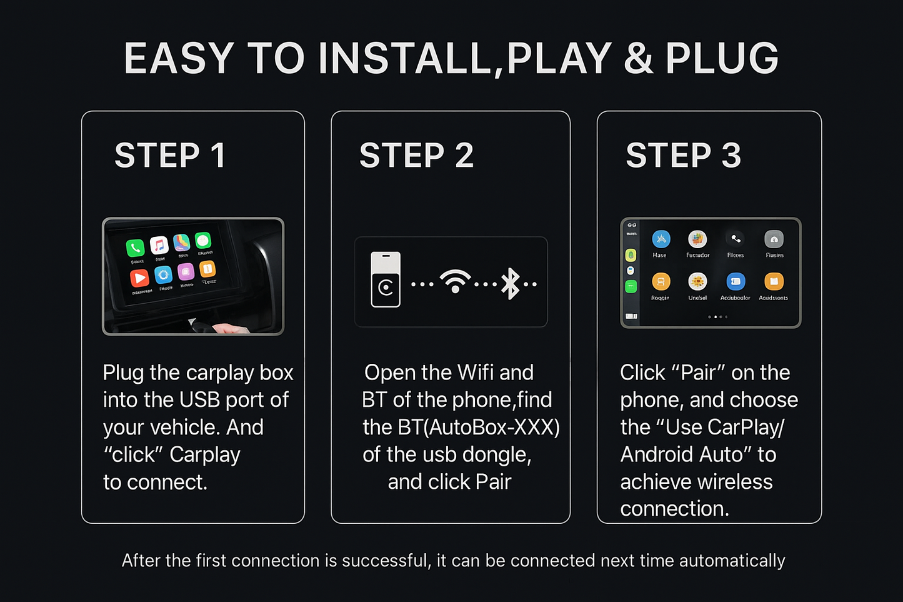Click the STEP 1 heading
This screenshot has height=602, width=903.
169,156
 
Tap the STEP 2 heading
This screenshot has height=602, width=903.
416,156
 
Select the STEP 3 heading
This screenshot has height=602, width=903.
683,156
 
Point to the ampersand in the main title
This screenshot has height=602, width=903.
638,59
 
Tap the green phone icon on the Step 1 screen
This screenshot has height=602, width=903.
135,248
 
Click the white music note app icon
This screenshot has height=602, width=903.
159,245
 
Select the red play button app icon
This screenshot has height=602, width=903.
139,278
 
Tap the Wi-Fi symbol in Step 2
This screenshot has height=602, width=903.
455,281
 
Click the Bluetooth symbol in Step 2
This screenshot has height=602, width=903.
511,283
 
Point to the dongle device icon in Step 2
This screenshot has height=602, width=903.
386,279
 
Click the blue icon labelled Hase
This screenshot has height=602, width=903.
661,239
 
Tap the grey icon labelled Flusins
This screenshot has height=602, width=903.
774,239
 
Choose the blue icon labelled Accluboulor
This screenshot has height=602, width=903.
736,281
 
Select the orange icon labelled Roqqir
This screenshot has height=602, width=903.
661,281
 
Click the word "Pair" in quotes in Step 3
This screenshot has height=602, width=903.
698,373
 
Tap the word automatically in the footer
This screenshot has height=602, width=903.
732,561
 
